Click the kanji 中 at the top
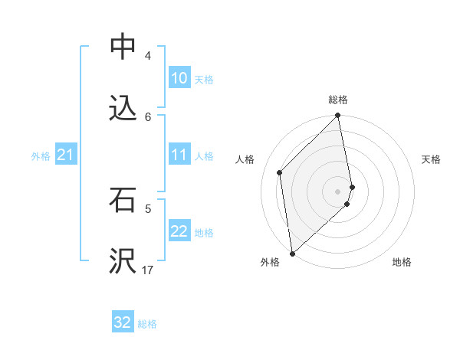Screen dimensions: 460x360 [x=123, y=47]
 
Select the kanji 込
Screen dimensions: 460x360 [x=123, y=109]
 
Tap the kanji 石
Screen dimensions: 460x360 [x=123, y=201]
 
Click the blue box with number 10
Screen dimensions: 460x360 [x=179, y=78]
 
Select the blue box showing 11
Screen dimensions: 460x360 [x=179, y=155]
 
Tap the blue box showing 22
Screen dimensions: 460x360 [x=179, y=231]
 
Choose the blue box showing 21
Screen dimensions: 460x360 [x=65, y=155]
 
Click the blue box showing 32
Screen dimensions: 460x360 [x=123, y=322]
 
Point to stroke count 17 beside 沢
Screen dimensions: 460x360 [x=148, y=270]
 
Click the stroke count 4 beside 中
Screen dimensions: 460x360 [x=148, y=56]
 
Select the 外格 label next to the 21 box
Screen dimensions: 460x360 [x=41, y=155]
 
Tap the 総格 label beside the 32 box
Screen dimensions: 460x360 [x=147, y=324]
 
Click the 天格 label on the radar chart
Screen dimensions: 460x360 [x=431, y=159]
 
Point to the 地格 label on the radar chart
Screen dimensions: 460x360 [x=402, y=262]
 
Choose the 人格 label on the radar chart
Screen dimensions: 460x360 [x=245, y=159]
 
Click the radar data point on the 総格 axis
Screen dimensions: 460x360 [x=338, y=116]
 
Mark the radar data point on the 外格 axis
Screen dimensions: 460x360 [x=292, y=254]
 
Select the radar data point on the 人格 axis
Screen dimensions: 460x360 [x=280, y=172]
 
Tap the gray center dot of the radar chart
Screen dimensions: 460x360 [x=338, y=191]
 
